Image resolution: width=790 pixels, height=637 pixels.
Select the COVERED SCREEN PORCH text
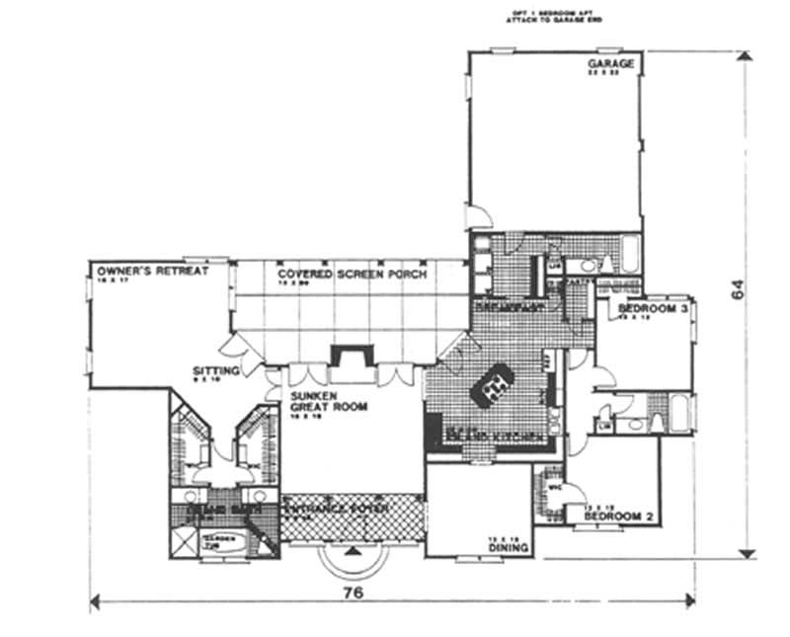point(352,274)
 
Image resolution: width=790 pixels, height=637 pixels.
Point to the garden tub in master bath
point(214,539)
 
